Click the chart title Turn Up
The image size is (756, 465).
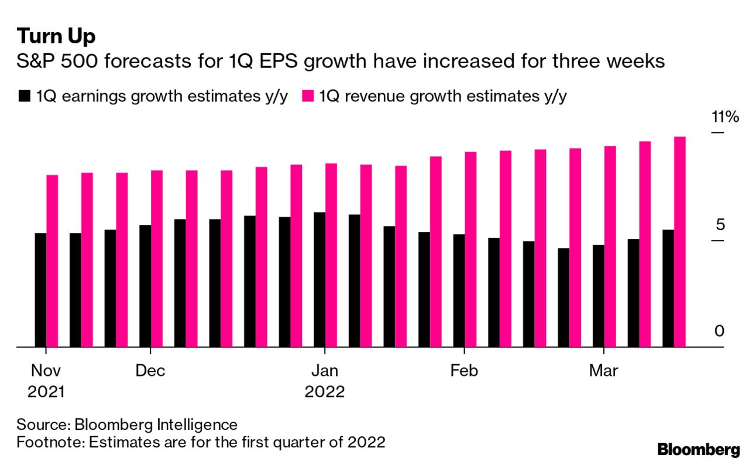[56, 36]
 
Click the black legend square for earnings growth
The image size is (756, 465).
[24, 97]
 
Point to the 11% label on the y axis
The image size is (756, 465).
[725, 117]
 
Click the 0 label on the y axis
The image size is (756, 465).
[719, 331]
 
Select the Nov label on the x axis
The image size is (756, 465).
[46, 371]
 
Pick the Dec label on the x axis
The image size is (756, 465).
[150, 371]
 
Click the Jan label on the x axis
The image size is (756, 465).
[324, 371]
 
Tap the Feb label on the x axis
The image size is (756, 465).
[464, 371]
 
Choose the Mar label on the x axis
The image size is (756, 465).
[603, 371]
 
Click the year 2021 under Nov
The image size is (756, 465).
[46, 392]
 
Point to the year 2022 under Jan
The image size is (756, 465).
[324, 392]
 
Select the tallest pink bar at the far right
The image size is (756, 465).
[679, 241]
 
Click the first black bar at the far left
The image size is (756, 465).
[40, 290]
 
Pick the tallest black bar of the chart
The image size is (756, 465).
[319, 279]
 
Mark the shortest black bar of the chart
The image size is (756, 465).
[563, 298]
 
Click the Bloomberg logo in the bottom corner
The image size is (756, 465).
[699, 450]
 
